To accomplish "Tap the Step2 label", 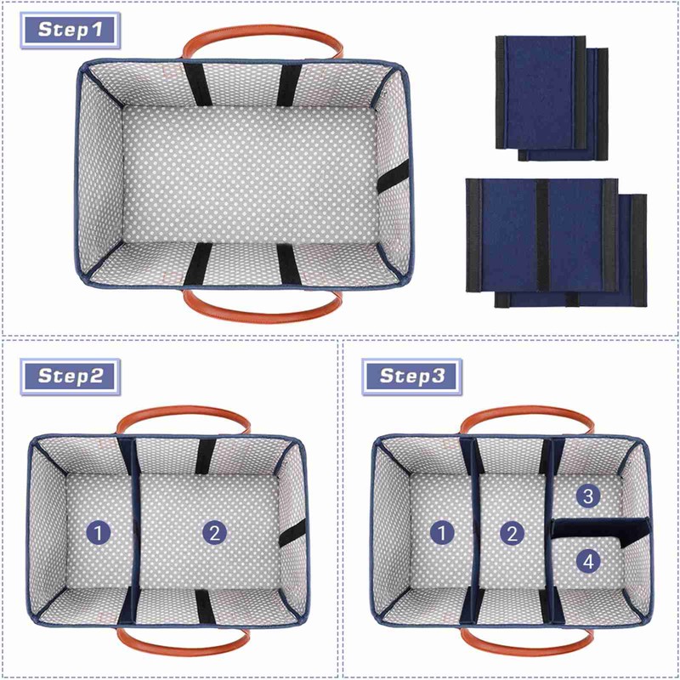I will tap(71, 376).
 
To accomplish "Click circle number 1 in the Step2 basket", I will tap(100, 533).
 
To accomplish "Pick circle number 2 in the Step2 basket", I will tap(214, 533).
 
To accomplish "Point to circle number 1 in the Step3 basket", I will tap(441, 533).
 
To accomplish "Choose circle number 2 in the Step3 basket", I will tap(512, 533).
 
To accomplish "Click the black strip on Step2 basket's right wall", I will tap(291, 534).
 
